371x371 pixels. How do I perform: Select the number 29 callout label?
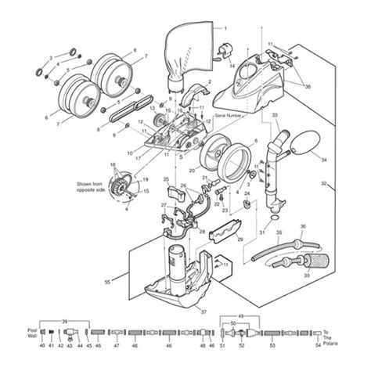240,239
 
